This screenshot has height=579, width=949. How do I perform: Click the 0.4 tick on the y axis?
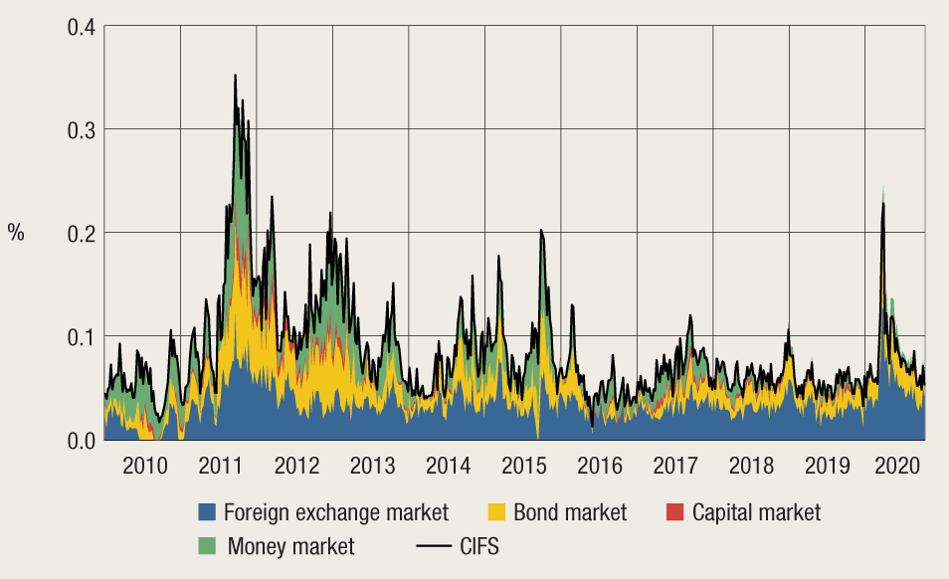tap(82, 26)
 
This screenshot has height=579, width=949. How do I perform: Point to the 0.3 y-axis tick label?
tap(82, 129)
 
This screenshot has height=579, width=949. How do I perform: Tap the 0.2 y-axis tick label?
tap(82, 233)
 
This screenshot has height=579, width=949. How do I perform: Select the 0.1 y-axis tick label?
tap(82, 336)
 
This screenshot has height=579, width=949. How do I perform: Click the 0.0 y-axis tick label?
tap(82, 440)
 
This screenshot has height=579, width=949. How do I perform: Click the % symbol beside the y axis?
tap(16, 233)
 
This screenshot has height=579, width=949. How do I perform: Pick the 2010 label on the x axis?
tap(142, 466)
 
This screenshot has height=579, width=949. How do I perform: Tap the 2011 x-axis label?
tap(219, 466)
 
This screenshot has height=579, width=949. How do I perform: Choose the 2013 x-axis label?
tap(371, 466)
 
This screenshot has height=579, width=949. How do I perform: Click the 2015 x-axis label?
tap(523, 466)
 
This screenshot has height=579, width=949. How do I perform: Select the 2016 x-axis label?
tap(599, 466)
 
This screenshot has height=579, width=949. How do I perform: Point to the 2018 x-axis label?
tap(751, 466)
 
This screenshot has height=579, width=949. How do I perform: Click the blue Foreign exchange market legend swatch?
tap(207, 513)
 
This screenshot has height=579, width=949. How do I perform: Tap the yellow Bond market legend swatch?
tap(496, 513)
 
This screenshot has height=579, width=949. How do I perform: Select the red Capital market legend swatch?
tap(674, 513)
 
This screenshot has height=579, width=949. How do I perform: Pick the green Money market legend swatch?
tap(207, 545)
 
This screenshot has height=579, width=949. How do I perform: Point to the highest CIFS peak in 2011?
tap(235, 75)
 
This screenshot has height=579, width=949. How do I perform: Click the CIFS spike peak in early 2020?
tap(882, 203)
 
